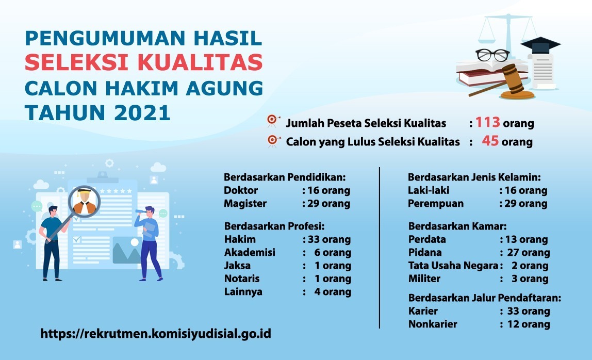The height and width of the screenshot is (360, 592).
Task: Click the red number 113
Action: coord(487,122)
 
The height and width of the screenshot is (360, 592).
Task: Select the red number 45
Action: coord(490,141)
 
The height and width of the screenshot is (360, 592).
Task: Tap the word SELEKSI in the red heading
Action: coord(77,62)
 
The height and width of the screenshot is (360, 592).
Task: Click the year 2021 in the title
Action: coord(142,112)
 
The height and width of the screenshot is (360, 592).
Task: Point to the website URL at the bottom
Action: coord(156,334)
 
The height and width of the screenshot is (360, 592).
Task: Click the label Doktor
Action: coord(240,190)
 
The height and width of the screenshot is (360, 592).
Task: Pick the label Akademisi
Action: coord(250,252)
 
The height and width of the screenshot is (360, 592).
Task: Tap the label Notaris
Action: coord(242,279)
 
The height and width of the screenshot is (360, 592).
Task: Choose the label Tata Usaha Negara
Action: coord(453,266)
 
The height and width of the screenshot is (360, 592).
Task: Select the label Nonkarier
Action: coord(433,324)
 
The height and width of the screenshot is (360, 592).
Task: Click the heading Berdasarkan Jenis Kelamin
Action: coord(474,177)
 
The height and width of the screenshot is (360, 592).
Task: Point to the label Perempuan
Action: coord(436,204)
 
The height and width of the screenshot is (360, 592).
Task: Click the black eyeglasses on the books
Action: coord(492,55)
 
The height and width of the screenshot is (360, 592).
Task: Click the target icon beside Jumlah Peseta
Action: coord(273,121)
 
